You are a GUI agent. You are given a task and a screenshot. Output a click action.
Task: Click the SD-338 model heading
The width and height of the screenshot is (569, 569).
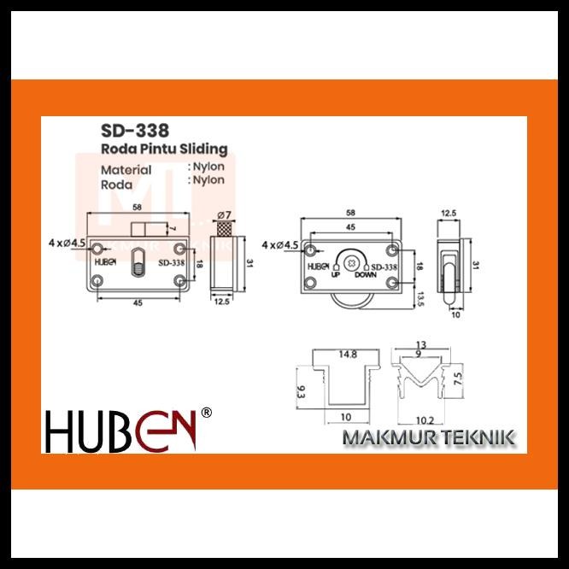point(135,132)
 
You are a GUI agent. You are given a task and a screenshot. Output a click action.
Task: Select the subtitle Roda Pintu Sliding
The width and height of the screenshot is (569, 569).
point(164,150)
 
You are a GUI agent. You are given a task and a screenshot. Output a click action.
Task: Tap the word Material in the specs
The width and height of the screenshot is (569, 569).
point(126,169)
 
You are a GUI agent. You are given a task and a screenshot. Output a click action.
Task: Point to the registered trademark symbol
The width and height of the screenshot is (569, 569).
point(205,414)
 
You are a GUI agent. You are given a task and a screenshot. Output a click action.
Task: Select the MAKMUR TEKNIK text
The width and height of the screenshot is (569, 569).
point(428,438)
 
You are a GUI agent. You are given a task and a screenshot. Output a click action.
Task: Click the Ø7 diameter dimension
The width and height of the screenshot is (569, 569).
point(226,214)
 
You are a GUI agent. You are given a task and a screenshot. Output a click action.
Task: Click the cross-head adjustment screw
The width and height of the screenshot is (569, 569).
point(351,260)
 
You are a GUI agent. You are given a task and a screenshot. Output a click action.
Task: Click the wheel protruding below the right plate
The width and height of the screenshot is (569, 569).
point(350,300)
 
